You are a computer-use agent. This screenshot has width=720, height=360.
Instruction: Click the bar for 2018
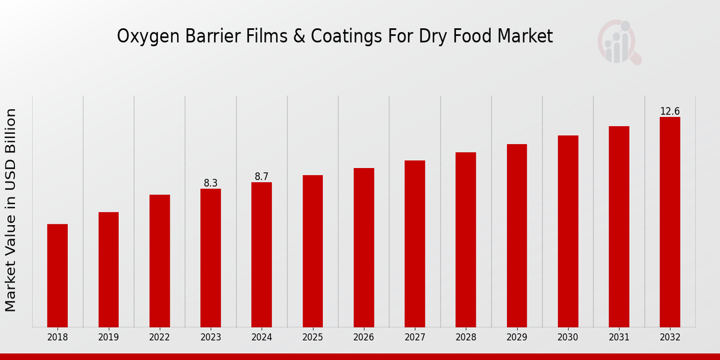[x=58, y=275]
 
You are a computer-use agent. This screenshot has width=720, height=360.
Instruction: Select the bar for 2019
[x=109, y=269]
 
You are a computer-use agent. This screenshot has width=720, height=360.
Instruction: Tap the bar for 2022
[x=160, y=261]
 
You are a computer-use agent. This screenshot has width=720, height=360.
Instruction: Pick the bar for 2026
[x=364, y=247]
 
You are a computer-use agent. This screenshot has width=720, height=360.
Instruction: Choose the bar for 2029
[x=517, y=235]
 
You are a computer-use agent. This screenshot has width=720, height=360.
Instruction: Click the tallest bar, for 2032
[x=670, y=222]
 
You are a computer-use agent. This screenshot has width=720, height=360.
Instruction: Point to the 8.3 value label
[x=211, y=183]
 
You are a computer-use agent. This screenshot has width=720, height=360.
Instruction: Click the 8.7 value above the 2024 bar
[x=262, y=176]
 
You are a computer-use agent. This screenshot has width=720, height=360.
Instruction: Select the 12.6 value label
[x=670, y=112]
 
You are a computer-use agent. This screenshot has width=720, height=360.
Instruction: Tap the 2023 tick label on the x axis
[x=211, y=337]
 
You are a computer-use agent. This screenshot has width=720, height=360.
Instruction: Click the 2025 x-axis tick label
[x=313, y=337]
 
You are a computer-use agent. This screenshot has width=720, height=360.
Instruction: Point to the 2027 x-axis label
[x=415, y=337]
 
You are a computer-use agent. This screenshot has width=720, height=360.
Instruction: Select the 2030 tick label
[x=568, y=337]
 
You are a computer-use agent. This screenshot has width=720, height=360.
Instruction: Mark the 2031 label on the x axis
[x=619, y=337]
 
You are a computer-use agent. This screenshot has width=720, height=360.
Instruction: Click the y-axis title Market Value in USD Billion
[x=11, y=210]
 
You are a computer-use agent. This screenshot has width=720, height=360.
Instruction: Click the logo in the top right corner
[x=619, y=42]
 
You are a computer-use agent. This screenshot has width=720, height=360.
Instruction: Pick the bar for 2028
[x=466, y=239]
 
